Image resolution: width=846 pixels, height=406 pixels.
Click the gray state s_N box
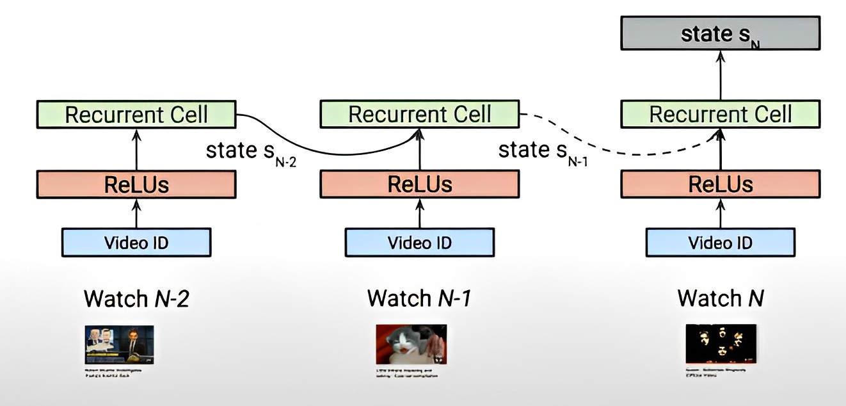pos(720,33)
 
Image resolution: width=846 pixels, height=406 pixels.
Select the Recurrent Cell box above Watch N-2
pos(136,115)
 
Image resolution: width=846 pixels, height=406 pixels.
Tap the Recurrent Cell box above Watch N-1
pos(420,115)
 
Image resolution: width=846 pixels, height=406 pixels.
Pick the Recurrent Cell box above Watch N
pos(720,115)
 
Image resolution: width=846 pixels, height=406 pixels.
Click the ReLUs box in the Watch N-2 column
pos(136,184)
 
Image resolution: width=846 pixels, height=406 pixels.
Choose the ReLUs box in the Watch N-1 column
pos(420,184)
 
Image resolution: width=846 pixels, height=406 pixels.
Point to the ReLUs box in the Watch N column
pos(720,184)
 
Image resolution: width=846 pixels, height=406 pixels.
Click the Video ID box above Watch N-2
pos(136,243)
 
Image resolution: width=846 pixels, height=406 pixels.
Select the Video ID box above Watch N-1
pos(420,243)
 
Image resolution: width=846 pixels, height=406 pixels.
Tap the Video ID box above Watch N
pos(720,243)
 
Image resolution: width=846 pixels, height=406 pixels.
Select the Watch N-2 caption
pos(136,298)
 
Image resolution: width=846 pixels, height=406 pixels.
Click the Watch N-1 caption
pos(419,298)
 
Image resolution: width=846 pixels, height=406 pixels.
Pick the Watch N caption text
pos(720,298)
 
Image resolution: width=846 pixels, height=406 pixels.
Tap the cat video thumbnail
pos(411,345)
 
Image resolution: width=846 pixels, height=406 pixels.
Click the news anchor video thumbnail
pos(119,345)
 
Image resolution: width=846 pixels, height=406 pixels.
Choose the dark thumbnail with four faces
pos(720,343)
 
